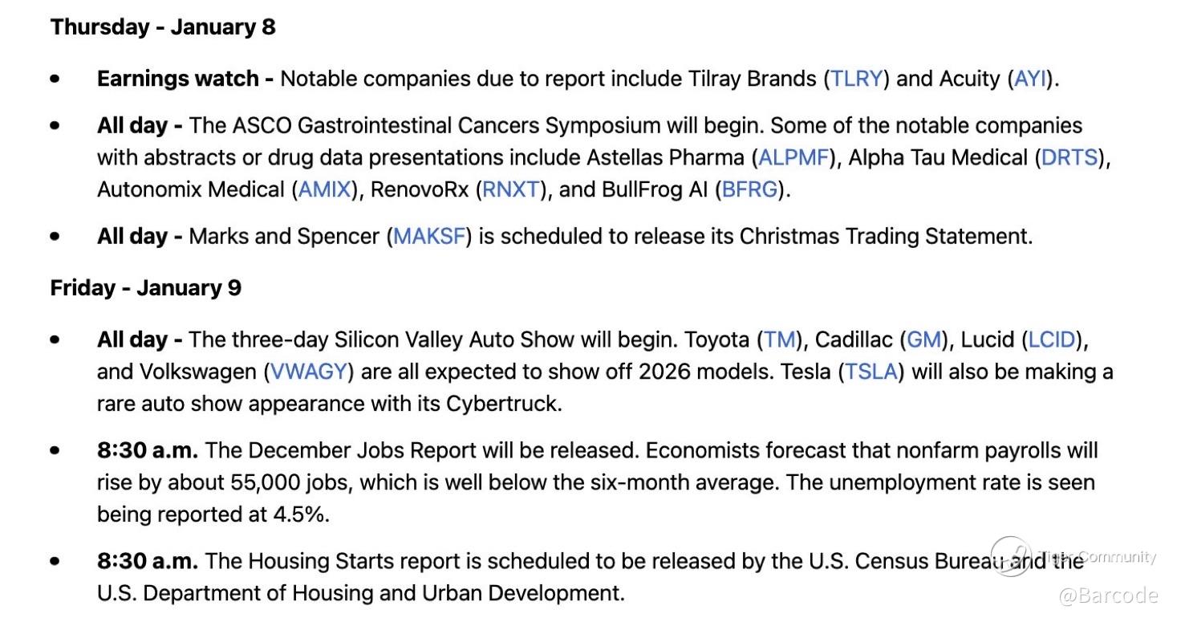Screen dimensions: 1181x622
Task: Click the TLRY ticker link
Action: [x=856, y=79]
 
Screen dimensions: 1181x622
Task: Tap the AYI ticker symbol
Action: [x=1030, y=79]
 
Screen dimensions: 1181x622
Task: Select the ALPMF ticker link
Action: [x=793, y=158]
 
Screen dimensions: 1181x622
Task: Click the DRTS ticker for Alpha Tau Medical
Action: [x=1069, y=158]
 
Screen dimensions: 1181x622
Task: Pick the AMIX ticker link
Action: [x=324, y=189]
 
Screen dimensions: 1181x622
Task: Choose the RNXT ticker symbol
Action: [x=511, y=189]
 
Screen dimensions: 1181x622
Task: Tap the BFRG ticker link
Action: [x=749, y=189]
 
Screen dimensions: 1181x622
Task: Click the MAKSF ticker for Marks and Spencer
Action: [x=429, y=236]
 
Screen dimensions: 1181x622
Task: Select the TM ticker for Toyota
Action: [x=779, y=339]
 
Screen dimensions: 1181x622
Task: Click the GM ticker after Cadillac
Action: [x=923, y=339]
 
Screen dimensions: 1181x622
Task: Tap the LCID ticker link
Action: [x=1051, y=339]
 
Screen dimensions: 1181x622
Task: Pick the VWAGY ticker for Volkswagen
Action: [x=308, y=372]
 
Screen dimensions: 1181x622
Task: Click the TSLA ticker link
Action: [x=871, y=372]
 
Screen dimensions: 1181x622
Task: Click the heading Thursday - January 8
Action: [x=163, y=27]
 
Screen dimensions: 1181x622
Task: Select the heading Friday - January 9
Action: [x=145, y=288]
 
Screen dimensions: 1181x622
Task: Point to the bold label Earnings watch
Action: [x=177, y=79]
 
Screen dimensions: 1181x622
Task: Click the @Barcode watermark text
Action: [x=1108, y=596]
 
